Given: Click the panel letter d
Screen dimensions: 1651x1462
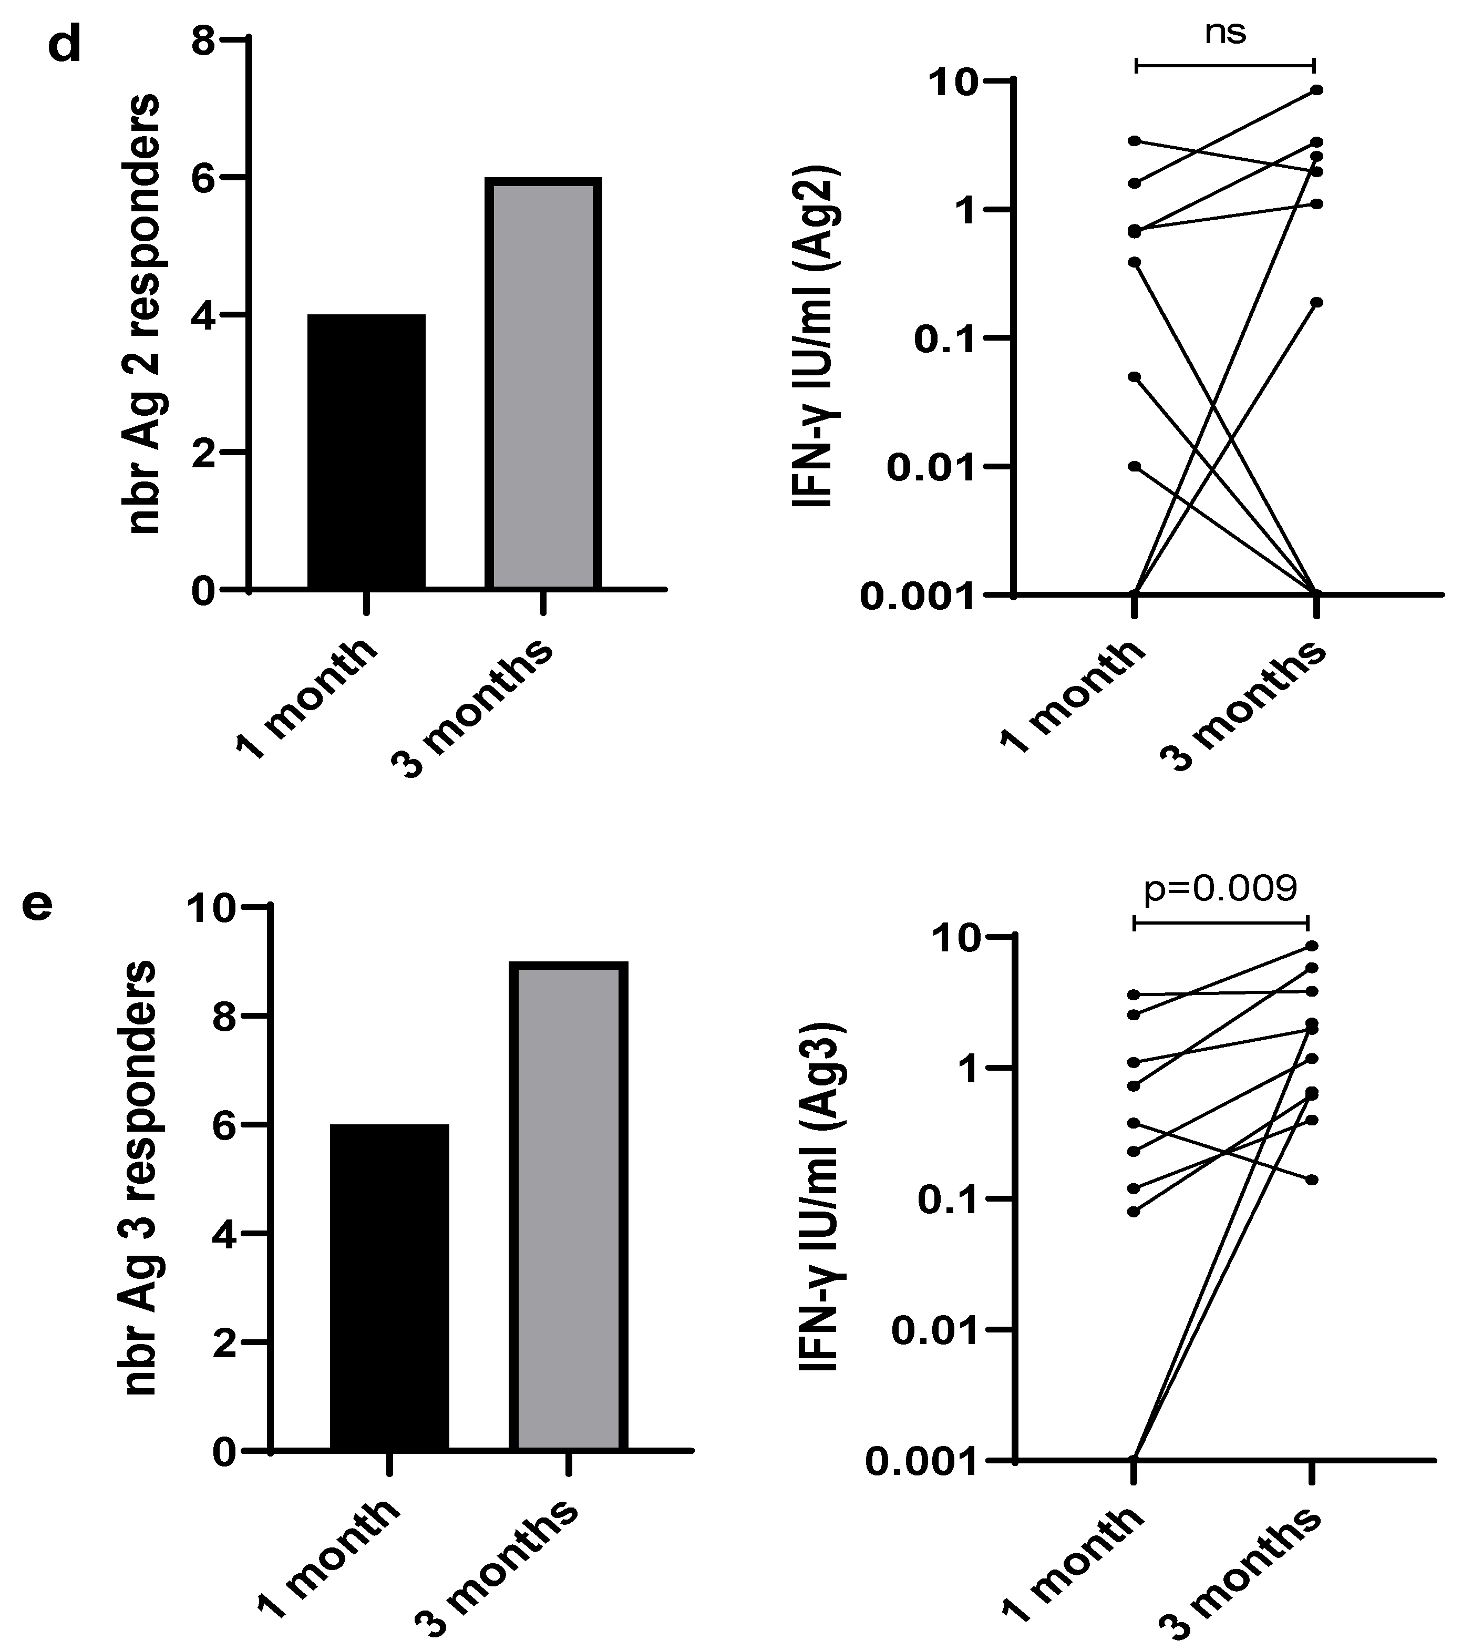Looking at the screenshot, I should tap(65, 47).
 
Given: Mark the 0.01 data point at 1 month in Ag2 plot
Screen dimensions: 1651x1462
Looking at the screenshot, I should tap(1135, 467).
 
